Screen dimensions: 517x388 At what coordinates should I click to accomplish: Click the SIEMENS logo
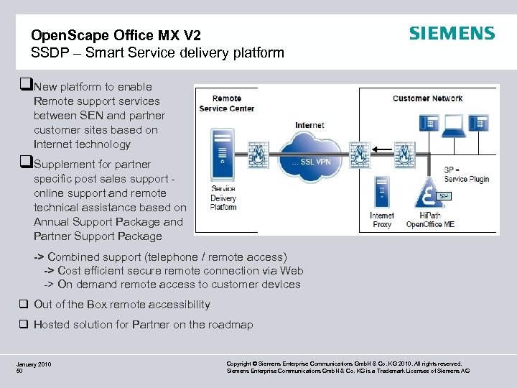(452, 34)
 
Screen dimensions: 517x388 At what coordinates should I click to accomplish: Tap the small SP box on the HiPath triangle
(444, 195)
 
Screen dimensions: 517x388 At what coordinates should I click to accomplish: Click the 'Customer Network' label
(427, 98)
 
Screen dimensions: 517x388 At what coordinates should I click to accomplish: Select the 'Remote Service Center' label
(227, 103)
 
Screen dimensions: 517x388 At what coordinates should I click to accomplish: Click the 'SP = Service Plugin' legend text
(466, 175)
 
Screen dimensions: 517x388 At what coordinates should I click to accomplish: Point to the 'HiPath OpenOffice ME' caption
(430, 220)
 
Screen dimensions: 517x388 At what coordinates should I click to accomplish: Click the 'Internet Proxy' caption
(381, 220)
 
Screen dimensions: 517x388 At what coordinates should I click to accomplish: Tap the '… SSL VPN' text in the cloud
(311, 162)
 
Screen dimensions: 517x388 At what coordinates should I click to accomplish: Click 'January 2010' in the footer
(34, 365)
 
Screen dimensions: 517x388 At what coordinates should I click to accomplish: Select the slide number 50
(20, 371)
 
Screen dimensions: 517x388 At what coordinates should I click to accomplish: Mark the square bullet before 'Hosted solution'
(24, 325)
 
